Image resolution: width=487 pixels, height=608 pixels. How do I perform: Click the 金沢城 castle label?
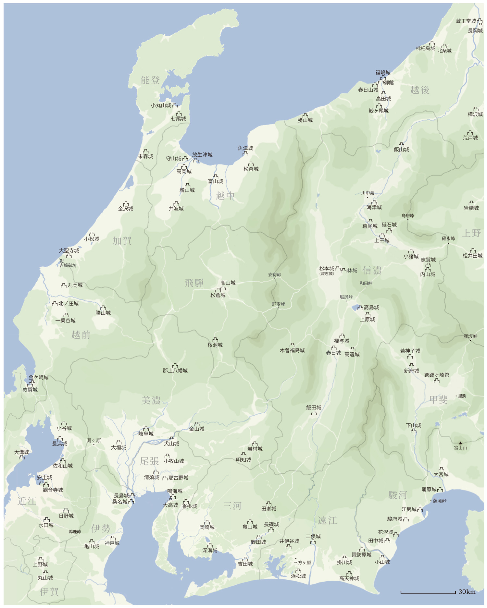(125, 209)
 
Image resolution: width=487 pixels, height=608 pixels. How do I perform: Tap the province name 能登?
(150, 80)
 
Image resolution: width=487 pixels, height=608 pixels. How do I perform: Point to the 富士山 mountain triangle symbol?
(460, 443)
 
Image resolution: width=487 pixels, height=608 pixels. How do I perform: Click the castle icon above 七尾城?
(179, 114)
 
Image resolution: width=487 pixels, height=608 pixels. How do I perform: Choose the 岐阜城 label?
(146, 434)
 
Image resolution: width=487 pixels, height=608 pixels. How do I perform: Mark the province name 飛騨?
(194, 283)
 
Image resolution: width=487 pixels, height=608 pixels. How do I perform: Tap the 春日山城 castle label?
(368, 90)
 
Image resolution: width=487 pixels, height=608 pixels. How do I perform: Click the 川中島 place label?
(368, 193)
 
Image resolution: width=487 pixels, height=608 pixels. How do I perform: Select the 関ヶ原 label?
(94, 440)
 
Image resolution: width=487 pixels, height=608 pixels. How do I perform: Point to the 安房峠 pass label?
(275, 275)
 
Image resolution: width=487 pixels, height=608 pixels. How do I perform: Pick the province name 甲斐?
(438, 399)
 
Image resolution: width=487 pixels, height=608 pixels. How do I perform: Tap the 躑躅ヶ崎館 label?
(437, 375)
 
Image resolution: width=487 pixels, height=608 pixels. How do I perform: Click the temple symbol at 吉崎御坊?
(62, 261)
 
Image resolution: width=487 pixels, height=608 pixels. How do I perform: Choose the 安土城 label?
(44, 478)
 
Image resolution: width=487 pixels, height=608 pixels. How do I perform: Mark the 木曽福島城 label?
(292, 350)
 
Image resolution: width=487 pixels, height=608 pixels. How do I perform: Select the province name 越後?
(420, 90)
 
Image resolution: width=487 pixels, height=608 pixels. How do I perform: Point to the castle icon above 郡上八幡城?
(175, 366)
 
